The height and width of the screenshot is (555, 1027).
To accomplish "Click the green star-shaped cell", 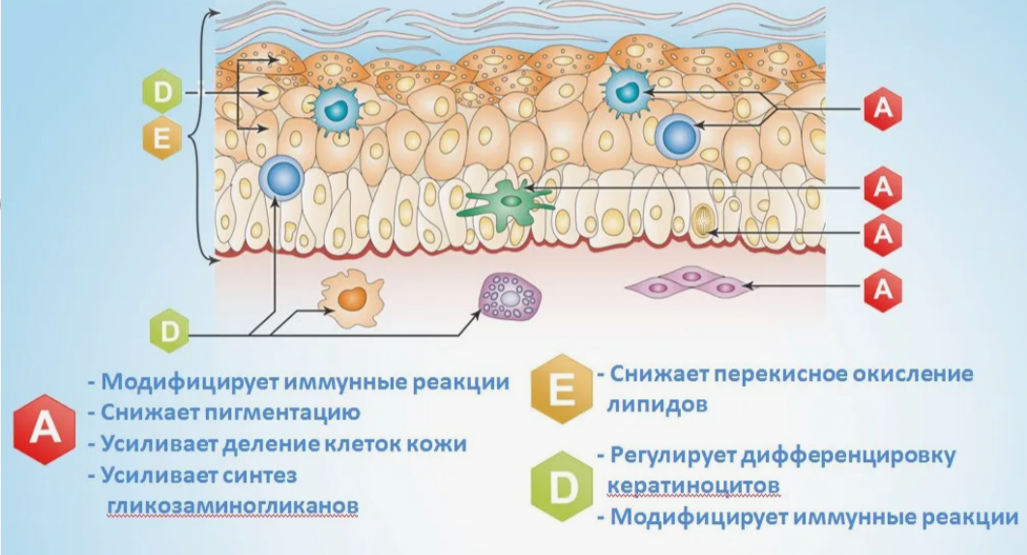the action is pyautogui.click(x=507, y=201).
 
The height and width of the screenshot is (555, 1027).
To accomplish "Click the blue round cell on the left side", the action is pyautogui.click(x=282, y=179).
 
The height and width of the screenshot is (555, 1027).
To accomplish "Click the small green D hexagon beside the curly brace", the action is pyautogui.click(x=161, y=93).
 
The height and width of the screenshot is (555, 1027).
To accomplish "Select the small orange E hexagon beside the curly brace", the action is pyautogui.click(x=161, y=138).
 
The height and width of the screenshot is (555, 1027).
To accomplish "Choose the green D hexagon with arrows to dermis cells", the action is pyautogui.click(x=168, y=332).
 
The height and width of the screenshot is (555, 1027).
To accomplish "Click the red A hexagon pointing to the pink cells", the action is pyautogui.click(x=882, y=287).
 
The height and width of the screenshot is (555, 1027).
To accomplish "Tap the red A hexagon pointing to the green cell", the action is pyautogui.click(x=882, y=188).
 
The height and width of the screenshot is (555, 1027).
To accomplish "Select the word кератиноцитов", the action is pyautogui.click(x=693, y=482).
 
